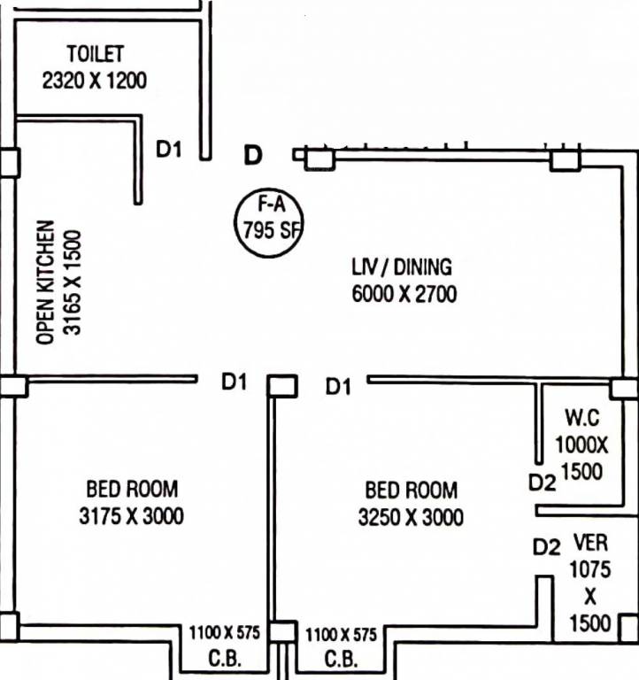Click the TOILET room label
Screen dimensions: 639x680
(96, 54)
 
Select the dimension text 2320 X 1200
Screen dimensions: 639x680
(95, 81)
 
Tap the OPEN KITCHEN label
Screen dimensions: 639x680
(45, 282)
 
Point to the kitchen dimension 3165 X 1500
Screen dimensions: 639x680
(72, 282)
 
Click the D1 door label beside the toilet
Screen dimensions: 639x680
(169, 149)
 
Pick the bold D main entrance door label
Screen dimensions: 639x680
(253, 155)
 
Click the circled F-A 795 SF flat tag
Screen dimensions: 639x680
(269, 223)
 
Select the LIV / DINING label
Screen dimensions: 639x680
(402, 267)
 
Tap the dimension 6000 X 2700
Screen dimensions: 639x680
(404, 294)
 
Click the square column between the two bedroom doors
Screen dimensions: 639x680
(282, 386)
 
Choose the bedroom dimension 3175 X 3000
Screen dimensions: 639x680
(131, 516)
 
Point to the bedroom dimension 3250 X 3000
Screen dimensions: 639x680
(411, 517)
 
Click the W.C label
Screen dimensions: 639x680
(582, 418)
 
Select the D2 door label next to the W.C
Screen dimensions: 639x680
(542, 483)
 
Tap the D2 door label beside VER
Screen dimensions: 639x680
(546, 547)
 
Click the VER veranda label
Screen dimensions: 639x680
(590, 543)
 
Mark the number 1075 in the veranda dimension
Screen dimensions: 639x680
(590, 569)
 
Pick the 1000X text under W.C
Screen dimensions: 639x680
(581, 445)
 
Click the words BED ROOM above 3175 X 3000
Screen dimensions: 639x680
(132, 489)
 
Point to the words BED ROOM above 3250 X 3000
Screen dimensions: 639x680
(412, 491)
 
